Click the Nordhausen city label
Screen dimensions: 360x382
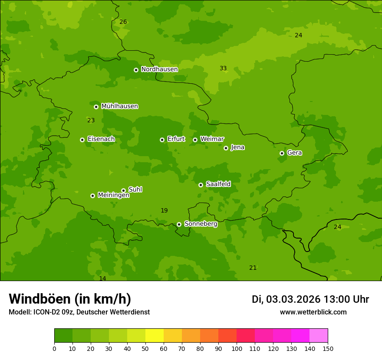click(x=159, y=69)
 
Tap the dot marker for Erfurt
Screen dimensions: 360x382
click(x=162, y=140)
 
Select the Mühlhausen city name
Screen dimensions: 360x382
click(x=119, y=106)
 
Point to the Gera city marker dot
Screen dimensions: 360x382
click(x=282, y=153)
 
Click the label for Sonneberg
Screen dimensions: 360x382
click(x=201, y=224)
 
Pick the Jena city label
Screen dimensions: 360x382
click(x=237, y=147)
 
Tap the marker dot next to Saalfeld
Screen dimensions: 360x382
click(x=201, y=185)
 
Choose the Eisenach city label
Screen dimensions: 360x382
click(x=101, y=139)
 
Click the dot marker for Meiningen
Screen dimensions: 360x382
click(x=92, y=196)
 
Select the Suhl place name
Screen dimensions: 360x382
click(x=135, y=190)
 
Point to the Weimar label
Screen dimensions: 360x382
click(x=212, y=139)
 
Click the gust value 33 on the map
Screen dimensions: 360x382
click(x=223, y=69)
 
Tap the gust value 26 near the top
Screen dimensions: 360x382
click(x=123, y=22)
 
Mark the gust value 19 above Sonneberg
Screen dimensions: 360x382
click(x=164, y=211)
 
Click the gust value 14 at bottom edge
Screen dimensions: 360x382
click(x=102, y=278)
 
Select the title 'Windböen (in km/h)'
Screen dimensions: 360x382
click(x=70, y=299)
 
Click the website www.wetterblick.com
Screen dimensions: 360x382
click(x=313, y=312)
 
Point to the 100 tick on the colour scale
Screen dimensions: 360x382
click(x=237, y=348)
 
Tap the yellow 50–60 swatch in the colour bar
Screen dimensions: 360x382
click(x=155, y=336)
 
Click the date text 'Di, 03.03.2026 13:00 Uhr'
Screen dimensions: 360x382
click(x=310, y=299)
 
